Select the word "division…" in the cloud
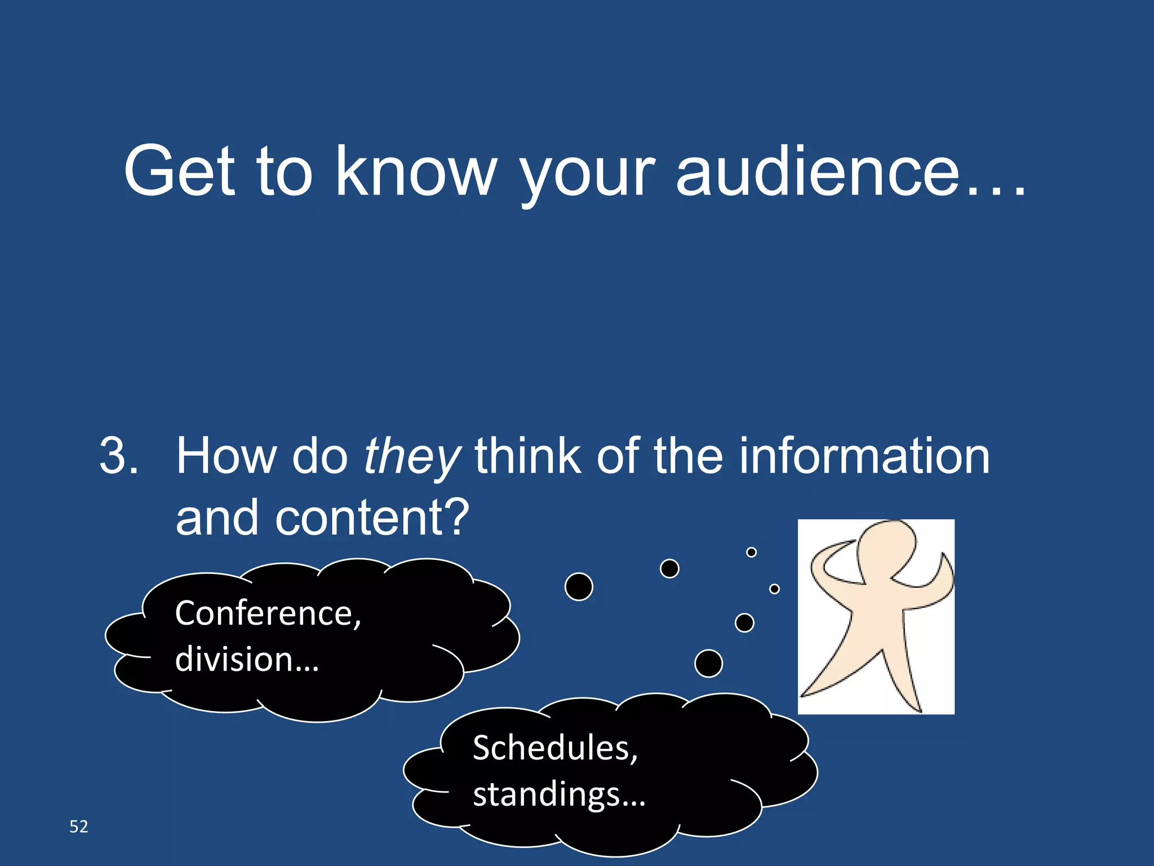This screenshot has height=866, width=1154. [247, 659]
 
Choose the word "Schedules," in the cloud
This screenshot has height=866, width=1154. [555, 748]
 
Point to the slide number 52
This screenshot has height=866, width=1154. [79, 827]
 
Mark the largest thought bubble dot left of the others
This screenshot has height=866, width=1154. [579, 586]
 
